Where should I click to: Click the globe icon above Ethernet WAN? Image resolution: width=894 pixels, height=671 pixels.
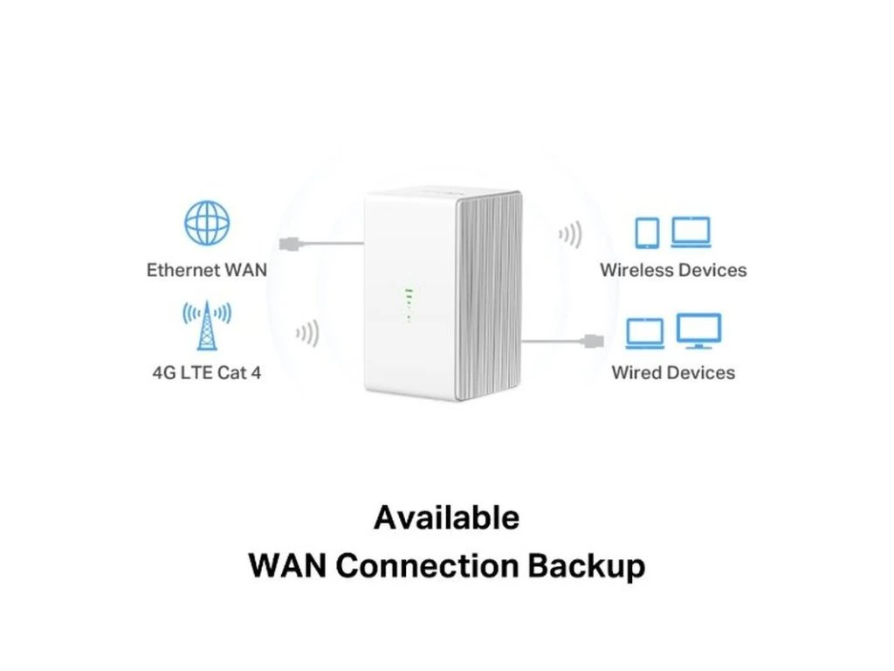coord(207,223)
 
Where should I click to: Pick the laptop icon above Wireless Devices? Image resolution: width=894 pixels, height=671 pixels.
coord(691,232)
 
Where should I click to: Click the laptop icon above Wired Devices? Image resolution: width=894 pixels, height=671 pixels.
coord(645,332)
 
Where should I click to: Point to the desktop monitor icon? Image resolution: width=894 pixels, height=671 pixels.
coord(699,331)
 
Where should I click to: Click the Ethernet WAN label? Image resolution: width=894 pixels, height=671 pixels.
coord(207,270)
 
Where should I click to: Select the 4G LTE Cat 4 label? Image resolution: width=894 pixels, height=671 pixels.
coord(206,373)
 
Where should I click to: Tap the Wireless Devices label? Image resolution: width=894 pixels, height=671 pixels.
coord(673,270)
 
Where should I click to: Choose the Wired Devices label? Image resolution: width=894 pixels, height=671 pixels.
coord(673,373)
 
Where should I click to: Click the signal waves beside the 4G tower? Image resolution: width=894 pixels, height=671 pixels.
coord(308,333)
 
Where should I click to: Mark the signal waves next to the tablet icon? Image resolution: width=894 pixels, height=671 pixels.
coord(570,234)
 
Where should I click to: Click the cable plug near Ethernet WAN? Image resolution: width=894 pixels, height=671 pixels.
coord(289,243)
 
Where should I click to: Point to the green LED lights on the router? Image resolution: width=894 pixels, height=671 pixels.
coord(406,302)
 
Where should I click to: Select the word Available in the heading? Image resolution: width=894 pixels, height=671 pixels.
coord(446,518)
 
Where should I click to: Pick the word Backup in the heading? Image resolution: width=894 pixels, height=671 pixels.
coord(586,565)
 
